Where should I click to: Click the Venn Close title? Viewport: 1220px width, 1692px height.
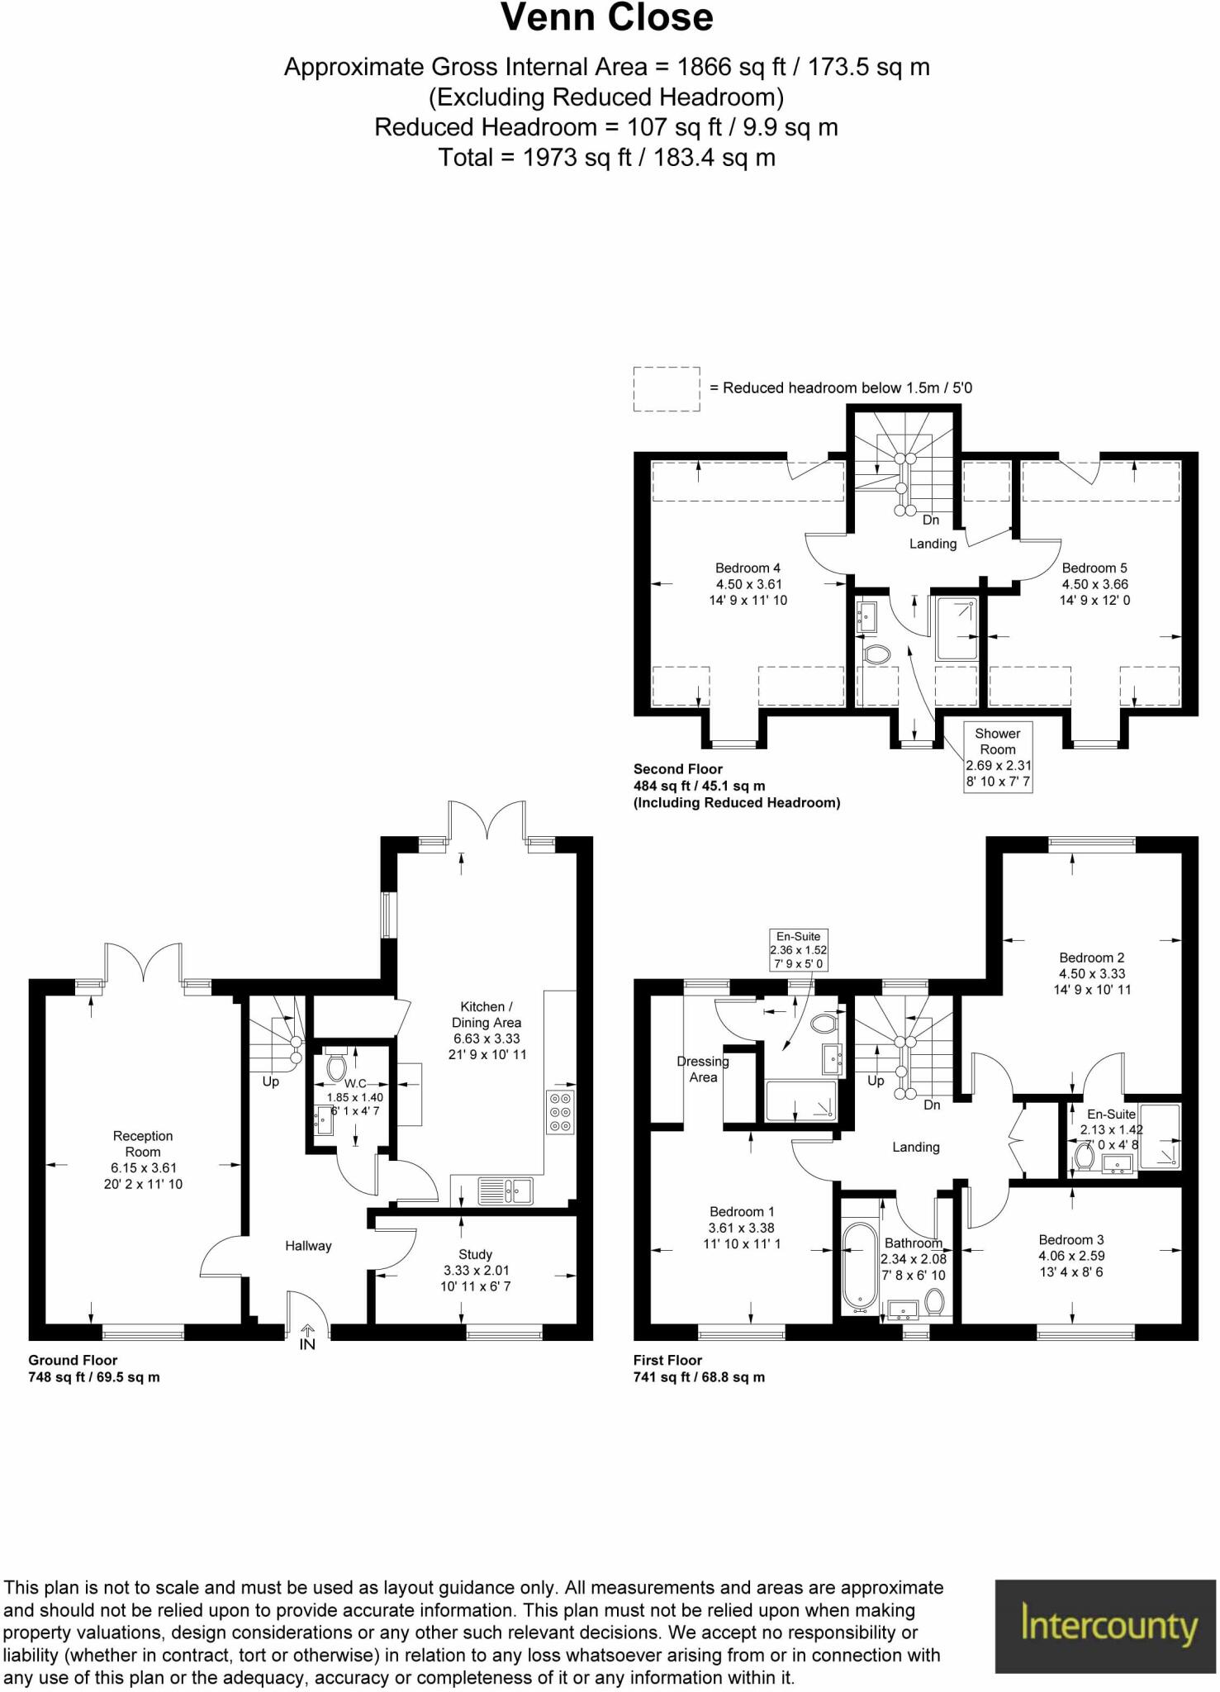pyautogui.click(x=607, y=18)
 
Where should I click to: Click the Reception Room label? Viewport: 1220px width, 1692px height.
pyautogui.click(x=143, y=1143)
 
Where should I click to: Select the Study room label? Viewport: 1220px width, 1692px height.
pyautogui.click(x=475, y=1254)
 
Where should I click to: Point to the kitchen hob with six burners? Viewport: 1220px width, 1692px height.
pyautogui.click(x=560, y=1111)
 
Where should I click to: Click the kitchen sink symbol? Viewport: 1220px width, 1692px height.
pyautogui.click(x=506, y=1191)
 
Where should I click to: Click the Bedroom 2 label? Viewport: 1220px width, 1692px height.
pyautogui.click(x=1091, y=958)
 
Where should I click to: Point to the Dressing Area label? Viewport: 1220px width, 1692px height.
pyautogui.click(x=703, y=1069)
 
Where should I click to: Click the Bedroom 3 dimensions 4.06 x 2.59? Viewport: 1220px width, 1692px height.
pyautogui.click(x=1071, y=1256)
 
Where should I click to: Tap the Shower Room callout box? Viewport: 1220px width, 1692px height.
pyautogui.click(x=998, y=757)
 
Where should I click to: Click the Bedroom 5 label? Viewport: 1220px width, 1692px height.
pyautogui.click(x=1094, y=568)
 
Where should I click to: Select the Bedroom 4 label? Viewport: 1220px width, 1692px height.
pyautogui.click(x=748, y=568)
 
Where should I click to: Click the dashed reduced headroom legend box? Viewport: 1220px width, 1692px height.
pyautogui.click(x=667, y=389)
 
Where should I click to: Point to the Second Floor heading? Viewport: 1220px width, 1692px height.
pyautogui.click(x=677, y=769)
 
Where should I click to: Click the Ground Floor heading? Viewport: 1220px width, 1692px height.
pyautogui.click(x=73, y=1360)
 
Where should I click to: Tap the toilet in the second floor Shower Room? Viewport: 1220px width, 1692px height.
pyautogui.click(x=876, y=654)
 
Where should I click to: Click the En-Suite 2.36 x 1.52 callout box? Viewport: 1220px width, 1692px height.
pyautogui.click(x=798, y=950)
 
